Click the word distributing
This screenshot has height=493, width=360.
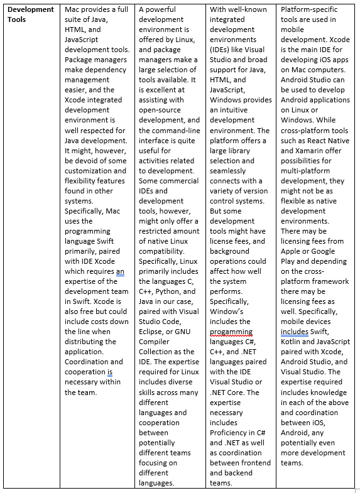(90, 342)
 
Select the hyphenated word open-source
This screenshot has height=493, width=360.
(161, 110)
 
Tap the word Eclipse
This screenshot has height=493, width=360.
(153, 332)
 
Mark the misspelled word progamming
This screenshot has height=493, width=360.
(231, 332)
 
